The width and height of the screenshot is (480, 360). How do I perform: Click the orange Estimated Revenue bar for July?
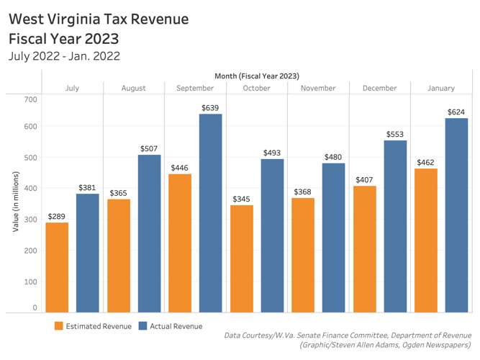(x=57, y=267)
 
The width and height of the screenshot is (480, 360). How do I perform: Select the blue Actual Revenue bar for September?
(x=210, y=213)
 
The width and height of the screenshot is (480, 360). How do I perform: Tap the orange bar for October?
(x=242, y=258)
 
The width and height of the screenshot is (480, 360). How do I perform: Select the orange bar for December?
(x=365, y=249)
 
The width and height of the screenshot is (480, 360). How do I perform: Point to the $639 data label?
(x=210, y=108)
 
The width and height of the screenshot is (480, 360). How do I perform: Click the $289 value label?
(x=57, y=216)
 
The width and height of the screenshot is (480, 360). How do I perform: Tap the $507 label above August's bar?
(x=149, y=149)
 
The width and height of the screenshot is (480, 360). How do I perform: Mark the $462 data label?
(x=426, y=163)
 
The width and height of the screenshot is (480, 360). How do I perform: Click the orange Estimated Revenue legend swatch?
(x=59, y=326)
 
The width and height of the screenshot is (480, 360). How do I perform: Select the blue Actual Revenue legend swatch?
(x=142, y=326)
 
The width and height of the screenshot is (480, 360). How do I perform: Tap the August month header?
(x=133, y=88)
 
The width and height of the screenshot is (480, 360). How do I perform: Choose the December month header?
(x=379, y=88)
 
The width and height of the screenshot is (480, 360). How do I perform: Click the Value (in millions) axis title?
(x=15, y=202)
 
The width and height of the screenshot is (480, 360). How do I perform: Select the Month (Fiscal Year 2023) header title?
(x=256, y=76)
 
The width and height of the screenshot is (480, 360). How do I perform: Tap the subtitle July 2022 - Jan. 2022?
(x=63, y=55)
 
